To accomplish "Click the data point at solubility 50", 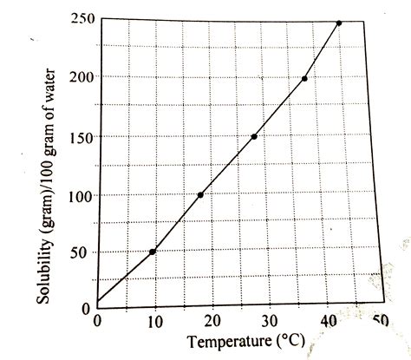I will coord(153,252).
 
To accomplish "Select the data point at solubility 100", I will coord(200,195).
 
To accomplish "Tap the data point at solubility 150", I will coord(254,136).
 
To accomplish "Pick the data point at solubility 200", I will coord(304,79).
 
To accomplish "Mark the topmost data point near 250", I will coord(338,23).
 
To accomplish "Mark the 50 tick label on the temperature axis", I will coord(379,320).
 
